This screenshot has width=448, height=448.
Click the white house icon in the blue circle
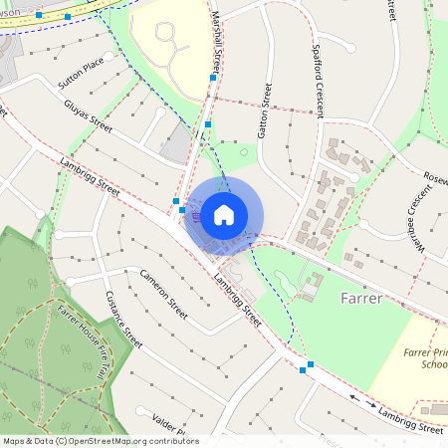coord(224,214)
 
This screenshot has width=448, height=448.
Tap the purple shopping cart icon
coord(197,215)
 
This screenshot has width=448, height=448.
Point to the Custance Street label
coord(125,320)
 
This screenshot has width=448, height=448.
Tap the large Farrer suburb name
coord(360,298)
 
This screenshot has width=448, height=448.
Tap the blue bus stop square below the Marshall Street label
coord(213,78)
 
